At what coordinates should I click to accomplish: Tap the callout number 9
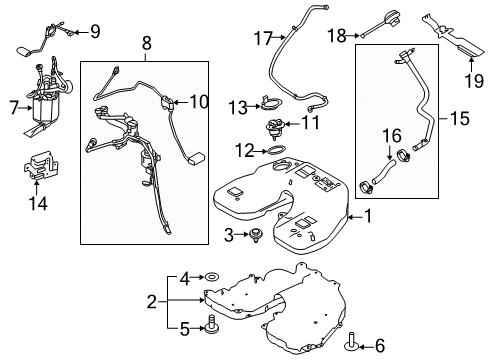[95, 30]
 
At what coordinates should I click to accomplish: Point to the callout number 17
[262, 40]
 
